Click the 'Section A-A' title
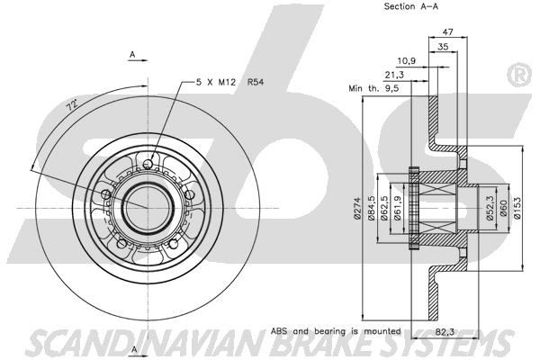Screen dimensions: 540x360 [411, 6]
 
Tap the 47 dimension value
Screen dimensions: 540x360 [447, 31]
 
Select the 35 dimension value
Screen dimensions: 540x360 [443, 47]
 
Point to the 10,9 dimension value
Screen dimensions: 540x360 [407, 61]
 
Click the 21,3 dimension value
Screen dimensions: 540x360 [394, 75]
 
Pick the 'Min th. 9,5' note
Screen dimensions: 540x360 [373, 88]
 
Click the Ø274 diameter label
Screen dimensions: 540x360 [357, 209]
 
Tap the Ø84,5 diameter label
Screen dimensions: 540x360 [372, 208]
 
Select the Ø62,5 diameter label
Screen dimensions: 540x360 [384, 208]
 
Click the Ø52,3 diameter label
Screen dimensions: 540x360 [490, 208]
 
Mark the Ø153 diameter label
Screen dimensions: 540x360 [517, 208]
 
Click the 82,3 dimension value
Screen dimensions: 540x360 [445, 332]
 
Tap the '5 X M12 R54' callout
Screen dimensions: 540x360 [229, 82]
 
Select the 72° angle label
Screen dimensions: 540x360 [72, 104]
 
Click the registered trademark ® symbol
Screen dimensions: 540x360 [520, 76]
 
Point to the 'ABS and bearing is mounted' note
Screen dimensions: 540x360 [336, 331]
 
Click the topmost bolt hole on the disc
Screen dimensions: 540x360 [148, 163]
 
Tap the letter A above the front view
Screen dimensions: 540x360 [132, 54]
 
